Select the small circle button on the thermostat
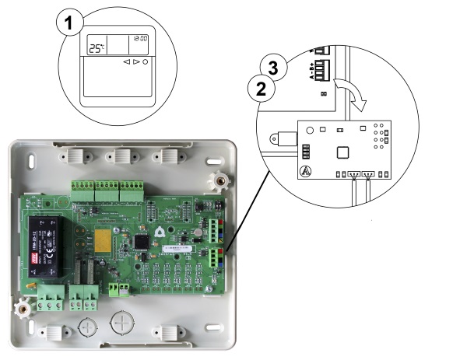coord(145,61)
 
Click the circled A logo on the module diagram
coord(306,170)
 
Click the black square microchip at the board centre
coord(141,242)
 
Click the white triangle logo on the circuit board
coord(160,230)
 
